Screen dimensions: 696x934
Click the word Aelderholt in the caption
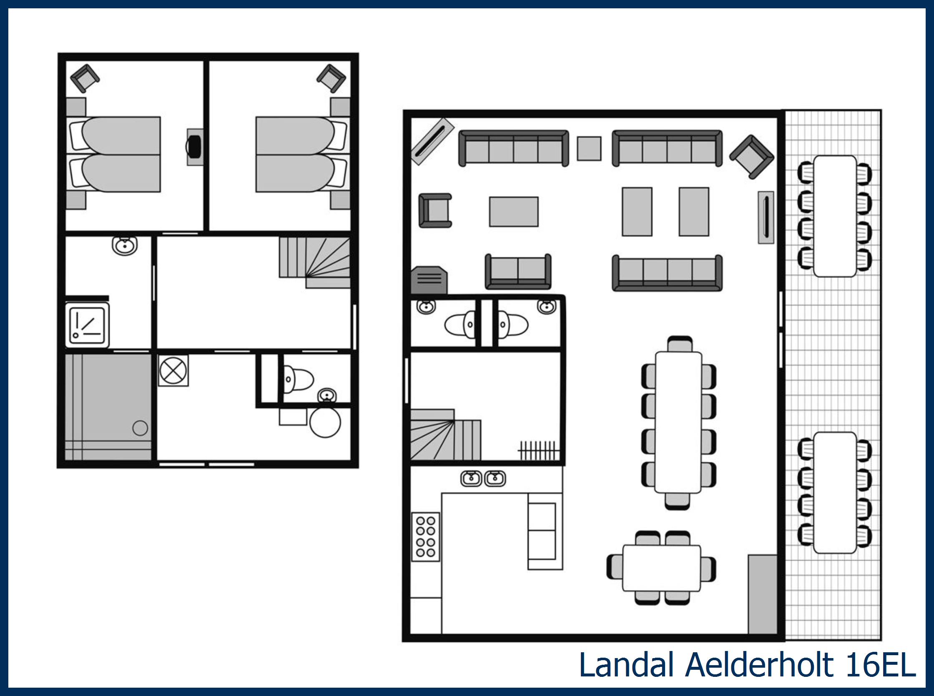(759, 665)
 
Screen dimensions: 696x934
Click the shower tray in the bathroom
(87, 326)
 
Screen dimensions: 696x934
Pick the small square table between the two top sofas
(589, 148)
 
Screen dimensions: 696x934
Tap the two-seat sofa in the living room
(518, 271)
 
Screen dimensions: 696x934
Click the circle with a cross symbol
(173, 371)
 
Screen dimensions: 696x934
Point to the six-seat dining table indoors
(661, 568)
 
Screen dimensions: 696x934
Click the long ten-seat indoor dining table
(678, 422)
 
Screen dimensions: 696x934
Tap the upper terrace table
(834, 216)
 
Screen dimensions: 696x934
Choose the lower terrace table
(834, 492)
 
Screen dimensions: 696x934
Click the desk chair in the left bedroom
(194, 146)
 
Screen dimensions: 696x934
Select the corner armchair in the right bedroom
(331, 78)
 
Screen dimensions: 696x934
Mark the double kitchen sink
(482, 478)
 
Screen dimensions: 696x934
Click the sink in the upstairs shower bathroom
(125, 245)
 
